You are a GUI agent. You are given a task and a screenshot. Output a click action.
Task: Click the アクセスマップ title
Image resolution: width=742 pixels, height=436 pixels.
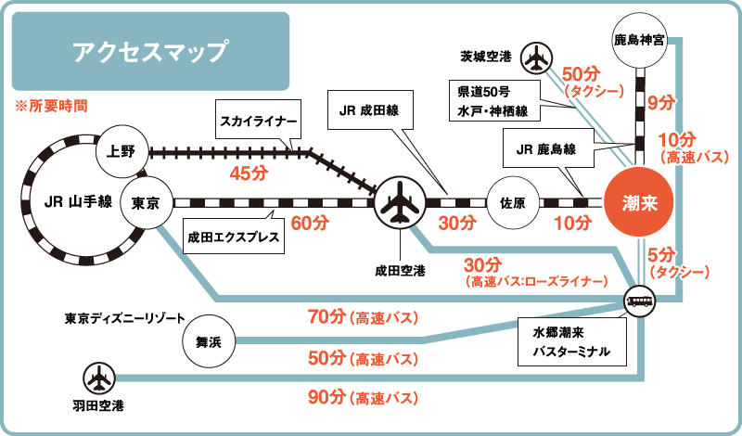(150, 52)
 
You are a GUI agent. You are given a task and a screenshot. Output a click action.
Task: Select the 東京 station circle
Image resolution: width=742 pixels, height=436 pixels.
(147, 202)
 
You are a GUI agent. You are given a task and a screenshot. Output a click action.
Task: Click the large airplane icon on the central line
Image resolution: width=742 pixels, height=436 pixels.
(400, 202)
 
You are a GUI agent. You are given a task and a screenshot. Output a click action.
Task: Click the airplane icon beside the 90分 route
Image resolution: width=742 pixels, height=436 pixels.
(97, 378)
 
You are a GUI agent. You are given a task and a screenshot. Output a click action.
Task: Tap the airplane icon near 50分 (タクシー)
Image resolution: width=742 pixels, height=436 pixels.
(536, 58)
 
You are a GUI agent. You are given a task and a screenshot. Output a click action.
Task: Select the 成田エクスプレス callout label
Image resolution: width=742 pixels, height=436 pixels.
(234, 237)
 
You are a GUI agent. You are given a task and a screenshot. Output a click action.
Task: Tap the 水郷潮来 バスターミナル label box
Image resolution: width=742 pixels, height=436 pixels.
(569, 342)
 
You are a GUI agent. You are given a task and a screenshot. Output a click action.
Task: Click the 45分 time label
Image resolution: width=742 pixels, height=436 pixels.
(249, 173)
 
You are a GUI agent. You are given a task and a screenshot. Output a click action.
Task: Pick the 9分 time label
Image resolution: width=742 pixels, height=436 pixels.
(660, 102)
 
